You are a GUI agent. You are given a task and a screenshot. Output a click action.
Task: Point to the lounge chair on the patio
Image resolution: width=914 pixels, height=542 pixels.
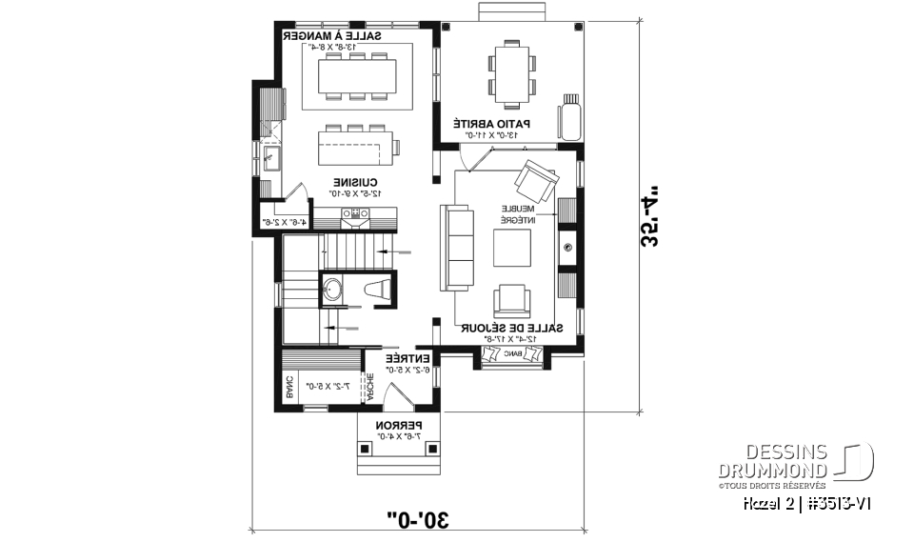[571, 117]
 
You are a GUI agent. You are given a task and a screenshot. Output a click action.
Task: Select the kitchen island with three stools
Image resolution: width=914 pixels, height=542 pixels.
[358, 147]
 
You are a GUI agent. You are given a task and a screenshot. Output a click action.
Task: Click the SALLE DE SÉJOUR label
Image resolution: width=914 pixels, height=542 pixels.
[512, 328]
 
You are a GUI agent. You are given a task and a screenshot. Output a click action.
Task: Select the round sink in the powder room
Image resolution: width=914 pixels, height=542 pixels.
[334, 289]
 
